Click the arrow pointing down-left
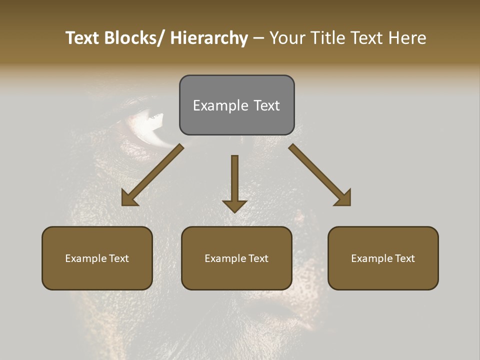click(155, 173)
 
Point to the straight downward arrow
click(234, 180)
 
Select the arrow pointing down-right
click(317, 173)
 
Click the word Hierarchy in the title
click(209, 38)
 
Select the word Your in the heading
click(286, 38)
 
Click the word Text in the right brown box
click(404, 258)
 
